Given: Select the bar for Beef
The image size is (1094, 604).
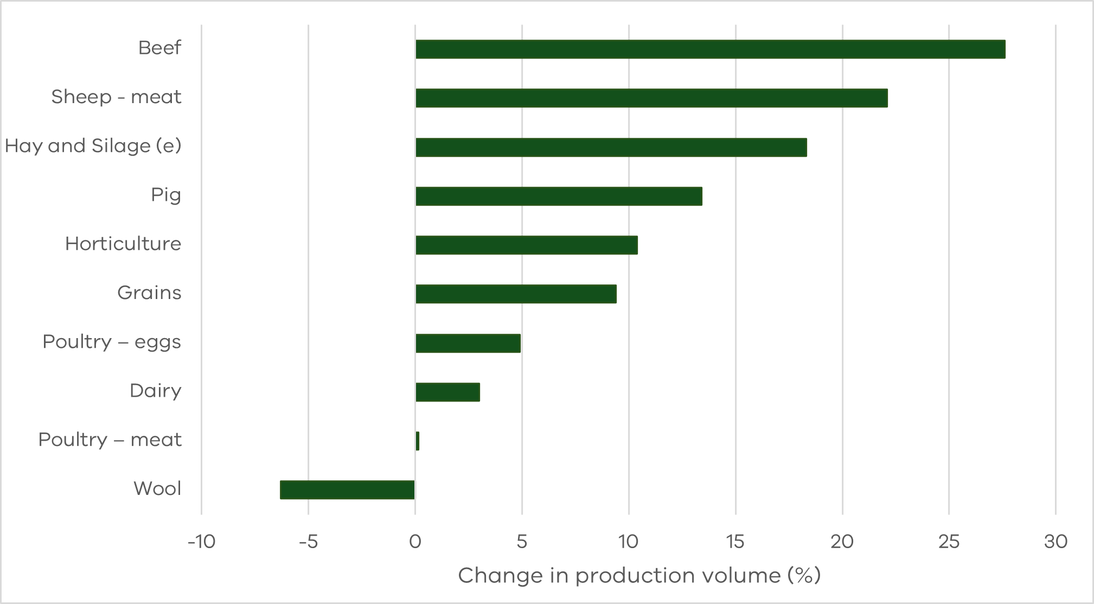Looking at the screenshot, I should point(710,49).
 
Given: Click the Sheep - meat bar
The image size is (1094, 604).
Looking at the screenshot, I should point(651,98).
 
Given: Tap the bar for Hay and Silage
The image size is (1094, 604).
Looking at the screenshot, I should point(611,148).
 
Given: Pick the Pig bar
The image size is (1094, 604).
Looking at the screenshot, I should point(559,196).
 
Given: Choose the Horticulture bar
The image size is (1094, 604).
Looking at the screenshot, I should point(526,245).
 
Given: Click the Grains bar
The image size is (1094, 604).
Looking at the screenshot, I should point(516,294).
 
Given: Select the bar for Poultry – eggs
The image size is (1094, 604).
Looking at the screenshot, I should point(468,344).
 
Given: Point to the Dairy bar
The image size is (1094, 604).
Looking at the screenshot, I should point(447,392).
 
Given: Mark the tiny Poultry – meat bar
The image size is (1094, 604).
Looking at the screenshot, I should point(417,441).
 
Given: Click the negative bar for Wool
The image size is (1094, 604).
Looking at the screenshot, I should point(347,490).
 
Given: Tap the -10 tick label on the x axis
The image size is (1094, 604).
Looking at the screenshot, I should point(201,542).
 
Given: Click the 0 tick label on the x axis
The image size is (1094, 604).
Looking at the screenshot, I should point(415,542).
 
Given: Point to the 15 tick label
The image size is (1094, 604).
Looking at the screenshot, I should point(735,542).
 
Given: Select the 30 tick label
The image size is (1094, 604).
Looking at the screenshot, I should point(1055,542).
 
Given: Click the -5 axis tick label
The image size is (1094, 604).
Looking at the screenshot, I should point(308,542).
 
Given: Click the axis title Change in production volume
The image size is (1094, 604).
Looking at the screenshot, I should point(639,576).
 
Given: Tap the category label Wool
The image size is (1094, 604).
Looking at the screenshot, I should point(157,488).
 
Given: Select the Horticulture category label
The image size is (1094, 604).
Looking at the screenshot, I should point(123,244).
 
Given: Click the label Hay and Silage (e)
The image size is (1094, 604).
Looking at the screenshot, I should point(93,146).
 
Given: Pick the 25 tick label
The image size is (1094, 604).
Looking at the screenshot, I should point(949,542).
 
